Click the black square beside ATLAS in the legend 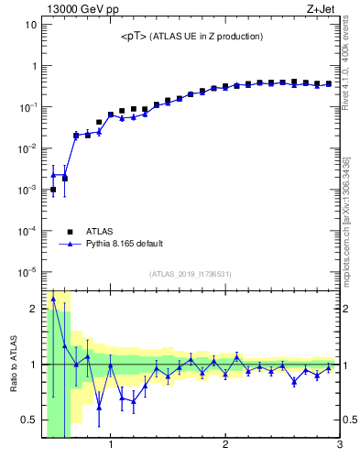pyautogui.click(x=69, y=232)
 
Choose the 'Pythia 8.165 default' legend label pyautogui.click(x=125, y=245)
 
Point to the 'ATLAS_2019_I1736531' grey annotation pyautogui.click(x=191, y=274)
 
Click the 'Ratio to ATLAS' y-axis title pyautogui.click(x=12, y=364)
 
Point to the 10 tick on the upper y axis pyautogui.click(x=30, y=25)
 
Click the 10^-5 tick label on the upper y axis pyautogui.click(x=28, y=272)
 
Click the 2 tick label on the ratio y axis pyautogui.click(x=33, y=309)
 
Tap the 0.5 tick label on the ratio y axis pyautogui.click(x=28, y=420)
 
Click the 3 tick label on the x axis pyautogui.click(x=339, y=446)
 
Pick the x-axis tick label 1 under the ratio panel pyautogui.click(x=111, y=446)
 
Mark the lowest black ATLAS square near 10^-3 pyautogui.click(x=53, y=190)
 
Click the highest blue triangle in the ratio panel pyautogui.click(x=53, y=299)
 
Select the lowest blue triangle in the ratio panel pyautogui.click(x=99, y=408)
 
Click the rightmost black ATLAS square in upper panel pyautogui.click(x=329, y=83)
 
